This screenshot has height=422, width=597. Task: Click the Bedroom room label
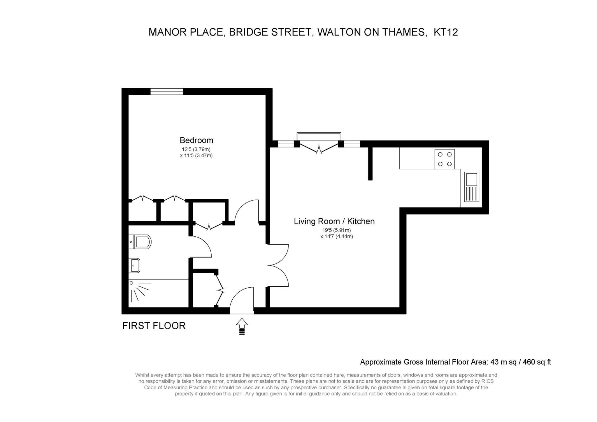click(x=196, y=140)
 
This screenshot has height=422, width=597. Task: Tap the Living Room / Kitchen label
click(x=334, y=221)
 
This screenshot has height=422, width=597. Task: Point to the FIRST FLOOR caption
click(x=154, y=326)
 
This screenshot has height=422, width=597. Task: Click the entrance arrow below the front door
click(x=242, y=326)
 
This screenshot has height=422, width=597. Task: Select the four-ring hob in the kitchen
click(x=445, y=159)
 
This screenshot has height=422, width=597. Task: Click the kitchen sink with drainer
click(x=471, y=187)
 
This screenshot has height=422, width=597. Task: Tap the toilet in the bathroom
click(x=140, y=242)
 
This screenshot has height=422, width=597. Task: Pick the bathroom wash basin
click(x=134, y=265)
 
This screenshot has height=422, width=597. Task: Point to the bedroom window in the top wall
click(x=167, y=92)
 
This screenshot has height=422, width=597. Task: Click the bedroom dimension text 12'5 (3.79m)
click(x=196, y=150)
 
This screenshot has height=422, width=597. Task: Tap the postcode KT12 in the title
click(x=446, y=32)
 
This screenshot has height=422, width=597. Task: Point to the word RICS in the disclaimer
click(x=488, y=381)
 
